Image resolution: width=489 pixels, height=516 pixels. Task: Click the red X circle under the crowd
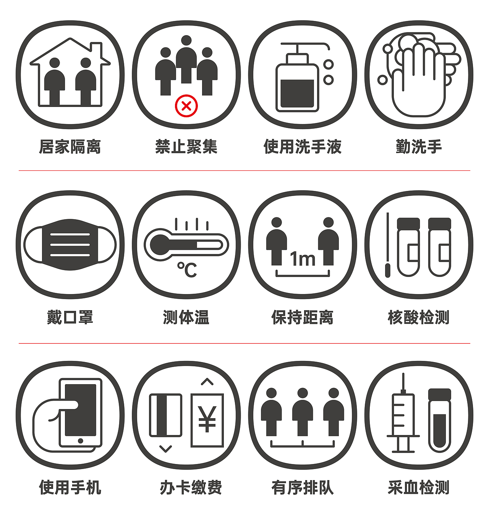pos(186,106)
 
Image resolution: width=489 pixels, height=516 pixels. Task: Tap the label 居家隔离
pos(70,147)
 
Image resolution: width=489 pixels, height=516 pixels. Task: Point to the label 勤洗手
pos(419,147)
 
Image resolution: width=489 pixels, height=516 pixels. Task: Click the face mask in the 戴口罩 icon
pos(70,244)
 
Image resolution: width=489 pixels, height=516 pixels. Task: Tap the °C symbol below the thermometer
pos(187,270)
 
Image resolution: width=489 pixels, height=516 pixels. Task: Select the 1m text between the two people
pos(303,259)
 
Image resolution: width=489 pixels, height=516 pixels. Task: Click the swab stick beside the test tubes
pos(387,244)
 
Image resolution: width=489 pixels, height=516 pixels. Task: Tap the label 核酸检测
pos(419,317)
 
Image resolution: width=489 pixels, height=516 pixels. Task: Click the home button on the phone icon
pos(80,441)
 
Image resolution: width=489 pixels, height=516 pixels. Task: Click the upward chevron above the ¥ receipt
pos(207,382)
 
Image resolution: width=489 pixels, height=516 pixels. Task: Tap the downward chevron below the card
pos(165,448)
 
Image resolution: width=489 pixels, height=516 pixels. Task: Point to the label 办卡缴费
pos(191,488)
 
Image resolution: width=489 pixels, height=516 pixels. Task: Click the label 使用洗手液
pos(303,147)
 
